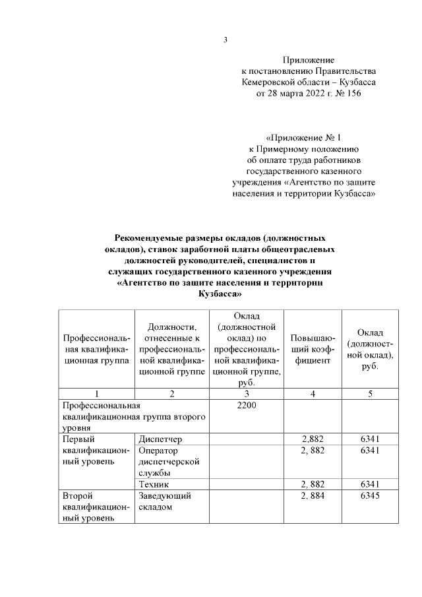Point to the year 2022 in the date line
[300, 94]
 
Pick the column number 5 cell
[370, 394]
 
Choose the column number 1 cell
[96, 394]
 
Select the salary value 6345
[370, 495]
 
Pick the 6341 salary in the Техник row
[370, 484]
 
